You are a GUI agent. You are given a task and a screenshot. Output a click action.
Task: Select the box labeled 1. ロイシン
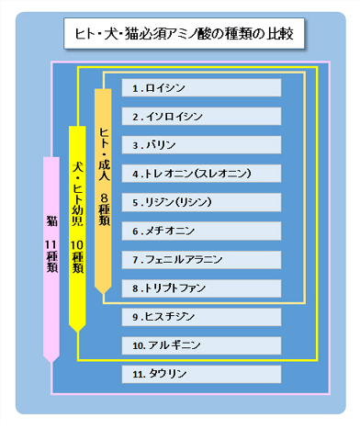pos(202,88)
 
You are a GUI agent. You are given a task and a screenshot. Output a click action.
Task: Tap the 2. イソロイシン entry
pos(202,117)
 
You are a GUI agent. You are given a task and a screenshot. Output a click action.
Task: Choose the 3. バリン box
pos(202,145)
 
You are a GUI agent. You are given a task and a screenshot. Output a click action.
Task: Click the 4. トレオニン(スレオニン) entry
pos(202,174)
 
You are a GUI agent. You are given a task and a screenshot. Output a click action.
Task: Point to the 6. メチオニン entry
pos(202,231)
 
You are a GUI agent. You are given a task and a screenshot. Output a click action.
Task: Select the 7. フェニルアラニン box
pos(202,260)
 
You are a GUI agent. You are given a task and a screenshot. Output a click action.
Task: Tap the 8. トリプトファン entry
pos(202,288)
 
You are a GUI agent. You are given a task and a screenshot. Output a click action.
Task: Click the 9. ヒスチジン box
pos(202,317)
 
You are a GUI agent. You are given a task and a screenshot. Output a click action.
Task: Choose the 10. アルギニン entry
pos(202,346)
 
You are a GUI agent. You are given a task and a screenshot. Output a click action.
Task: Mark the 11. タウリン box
pos(202,375)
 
